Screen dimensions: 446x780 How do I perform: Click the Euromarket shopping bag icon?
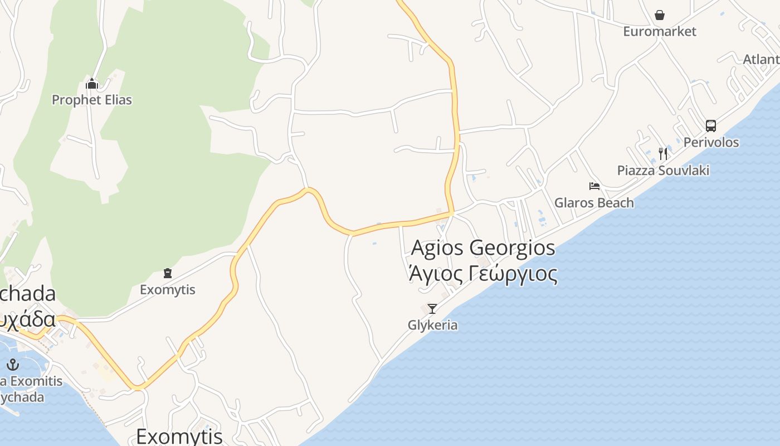coord(660,15)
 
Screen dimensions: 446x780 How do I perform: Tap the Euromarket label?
coord(660,31)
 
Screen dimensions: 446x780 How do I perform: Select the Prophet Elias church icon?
coord(92,85)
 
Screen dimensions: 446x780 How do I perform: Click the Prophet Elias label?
coord(92,100)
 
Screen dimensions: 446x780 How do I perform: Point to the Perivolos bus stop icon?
coord(711,126)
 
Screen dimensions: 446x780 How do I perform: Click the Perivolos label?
coord(711,142)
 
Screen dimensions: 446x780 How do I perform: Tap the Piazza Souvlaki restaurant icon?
coord(663,154)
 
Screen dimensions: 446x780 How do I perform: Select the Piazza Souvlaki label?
coord(663,170)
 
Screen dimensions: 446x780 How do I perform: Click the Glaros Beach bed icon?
coord(594,186)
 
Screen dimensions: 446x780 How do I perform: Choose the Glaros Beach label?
coord(594,202)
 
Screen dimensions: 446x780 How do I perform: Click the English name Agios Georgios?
coord(483,248)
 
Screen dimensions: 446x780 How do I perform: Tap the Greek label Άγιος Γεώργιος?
coord(483,274)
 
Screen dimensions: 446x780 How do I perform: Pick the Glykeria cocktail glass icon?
coord(432,308)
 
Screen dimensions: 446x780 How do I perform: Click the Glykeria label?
coord(432,325)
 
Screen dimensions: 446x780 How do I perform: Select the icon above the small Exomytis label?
coord(168,273)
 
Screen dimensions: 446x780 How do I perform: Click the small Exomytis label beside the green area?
coord(168,290)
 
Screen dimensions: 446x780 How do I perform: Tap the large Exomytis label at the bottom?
coord(179,435)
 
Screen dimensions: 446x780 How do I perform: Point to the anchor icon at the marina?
coord(13,365)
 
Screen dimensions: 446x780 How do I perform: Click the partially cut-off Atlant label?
coord(761,59)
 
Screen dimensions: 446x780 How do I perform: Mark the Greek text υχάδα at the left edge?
coord(28,319)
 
